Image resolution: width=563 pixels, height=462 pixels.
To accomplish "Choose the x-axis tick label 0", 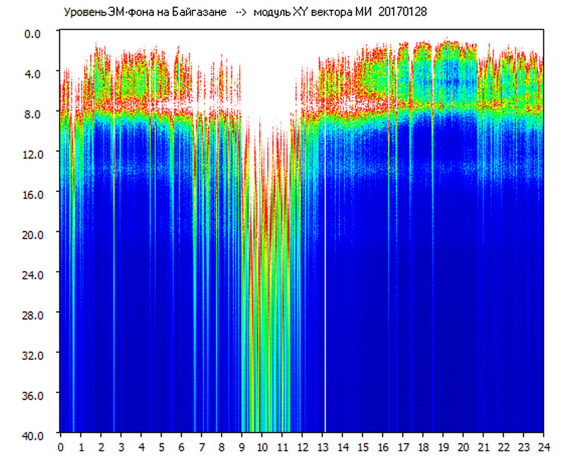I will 61,447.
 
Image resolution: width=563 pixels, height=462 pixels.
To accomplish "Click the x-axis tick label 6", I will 181,447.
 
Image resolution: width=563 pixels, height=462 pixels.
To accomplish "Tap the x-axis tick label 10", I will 262,447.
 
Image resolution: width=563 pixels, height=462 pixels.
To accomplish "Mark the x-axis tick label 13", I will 323,447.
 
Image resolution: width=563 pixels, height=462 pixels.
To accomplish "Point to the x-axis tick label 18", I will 423,447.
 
